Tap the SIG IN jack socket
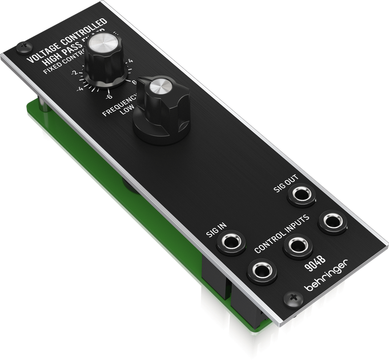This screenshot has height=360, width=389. (231, 242)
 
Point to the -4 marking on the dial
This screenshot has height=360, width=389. (81, 87)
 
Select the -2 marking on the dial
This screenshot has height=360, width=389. (75, 73)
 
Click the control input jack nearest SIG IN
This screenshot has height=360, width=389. (262, 269)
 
